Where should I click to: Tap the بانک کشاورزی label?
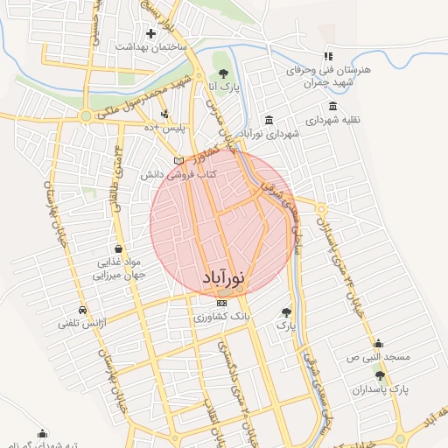point(220,314)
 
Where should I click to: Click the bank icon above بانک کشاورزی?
point(220,303)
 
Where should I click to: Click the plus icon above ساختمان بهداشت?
point(151,34)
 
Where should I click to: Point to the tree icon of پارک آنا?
point(223,74)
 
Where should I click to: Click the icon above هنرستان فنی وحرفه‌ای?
point(329,56)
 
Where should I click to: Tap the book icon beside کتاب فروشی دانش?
point(178,162)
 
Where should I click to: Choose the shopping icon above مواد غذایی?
point(118,248)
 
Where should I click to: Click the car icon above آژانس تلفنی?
point(81,311)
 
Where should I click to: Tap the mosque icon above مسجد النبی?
point(377,344)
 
